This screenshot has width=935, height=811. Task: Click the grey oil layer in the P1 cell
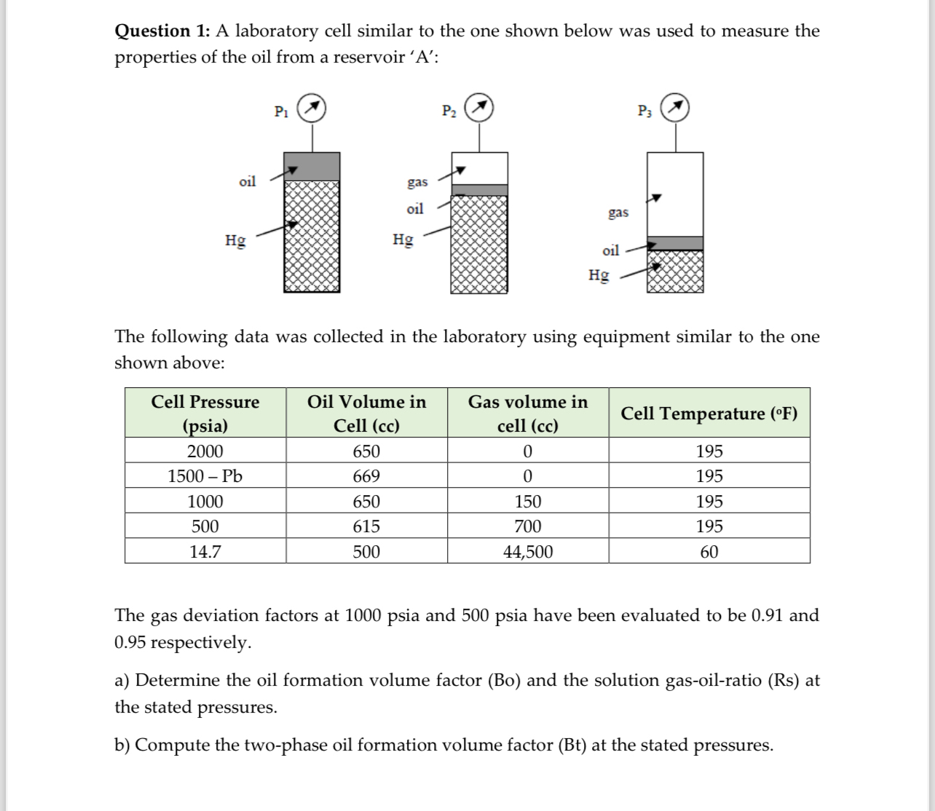[x=312, y=166]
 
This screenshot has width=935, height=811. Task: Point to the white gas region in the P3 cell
[x=676, y=194]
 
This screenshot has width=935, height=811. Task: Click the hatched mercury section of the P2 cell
[x=479, y=244]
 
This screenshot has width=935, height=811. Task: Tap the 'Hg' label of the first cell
[x=235, y=240]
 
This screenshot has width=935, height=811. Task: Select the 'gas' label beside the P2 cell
[x=417, y=181]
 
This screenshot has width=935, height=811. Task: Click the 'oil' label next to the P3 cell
[x=610, y=250]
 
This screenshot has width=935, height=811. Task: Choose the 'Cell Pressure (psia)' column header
[x=205, y=413]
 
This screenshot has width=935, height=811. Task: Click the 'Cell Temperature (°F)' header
[x=709, y=413]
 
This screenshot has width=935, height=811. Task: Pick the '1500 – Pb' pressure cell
[x=205, y=476]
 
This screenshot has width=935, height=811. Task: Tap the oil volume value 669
[x=366, y=476]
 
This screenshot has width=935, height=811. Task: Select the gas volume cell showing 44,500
[x=528, y=552]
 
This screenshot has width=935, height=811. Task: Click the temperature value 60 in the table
[x=709, y=552]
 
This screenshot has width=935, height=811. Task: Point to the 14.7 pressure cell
[x=205, y=552]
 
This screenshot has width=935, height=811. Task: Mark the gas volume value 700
[x=528, y=526]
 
